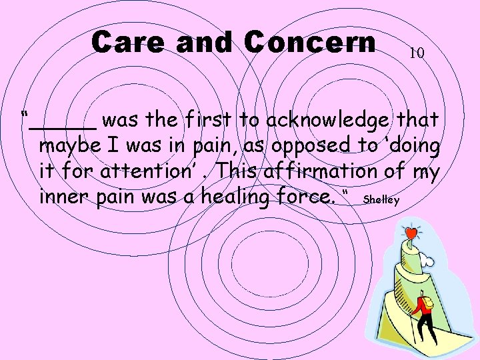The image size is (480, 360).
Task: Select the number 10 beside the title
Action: click(x=417, y=53)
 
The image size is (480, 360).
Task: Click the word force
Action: click(x=313, y=197)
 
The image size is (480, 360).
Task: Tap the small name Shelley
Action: click(x=382, y=199)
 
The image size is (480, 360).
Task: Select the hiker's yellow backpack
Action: click(x=427, y=303)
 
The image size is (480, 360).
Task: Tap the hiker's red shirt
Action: click(x=420, y=310)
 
